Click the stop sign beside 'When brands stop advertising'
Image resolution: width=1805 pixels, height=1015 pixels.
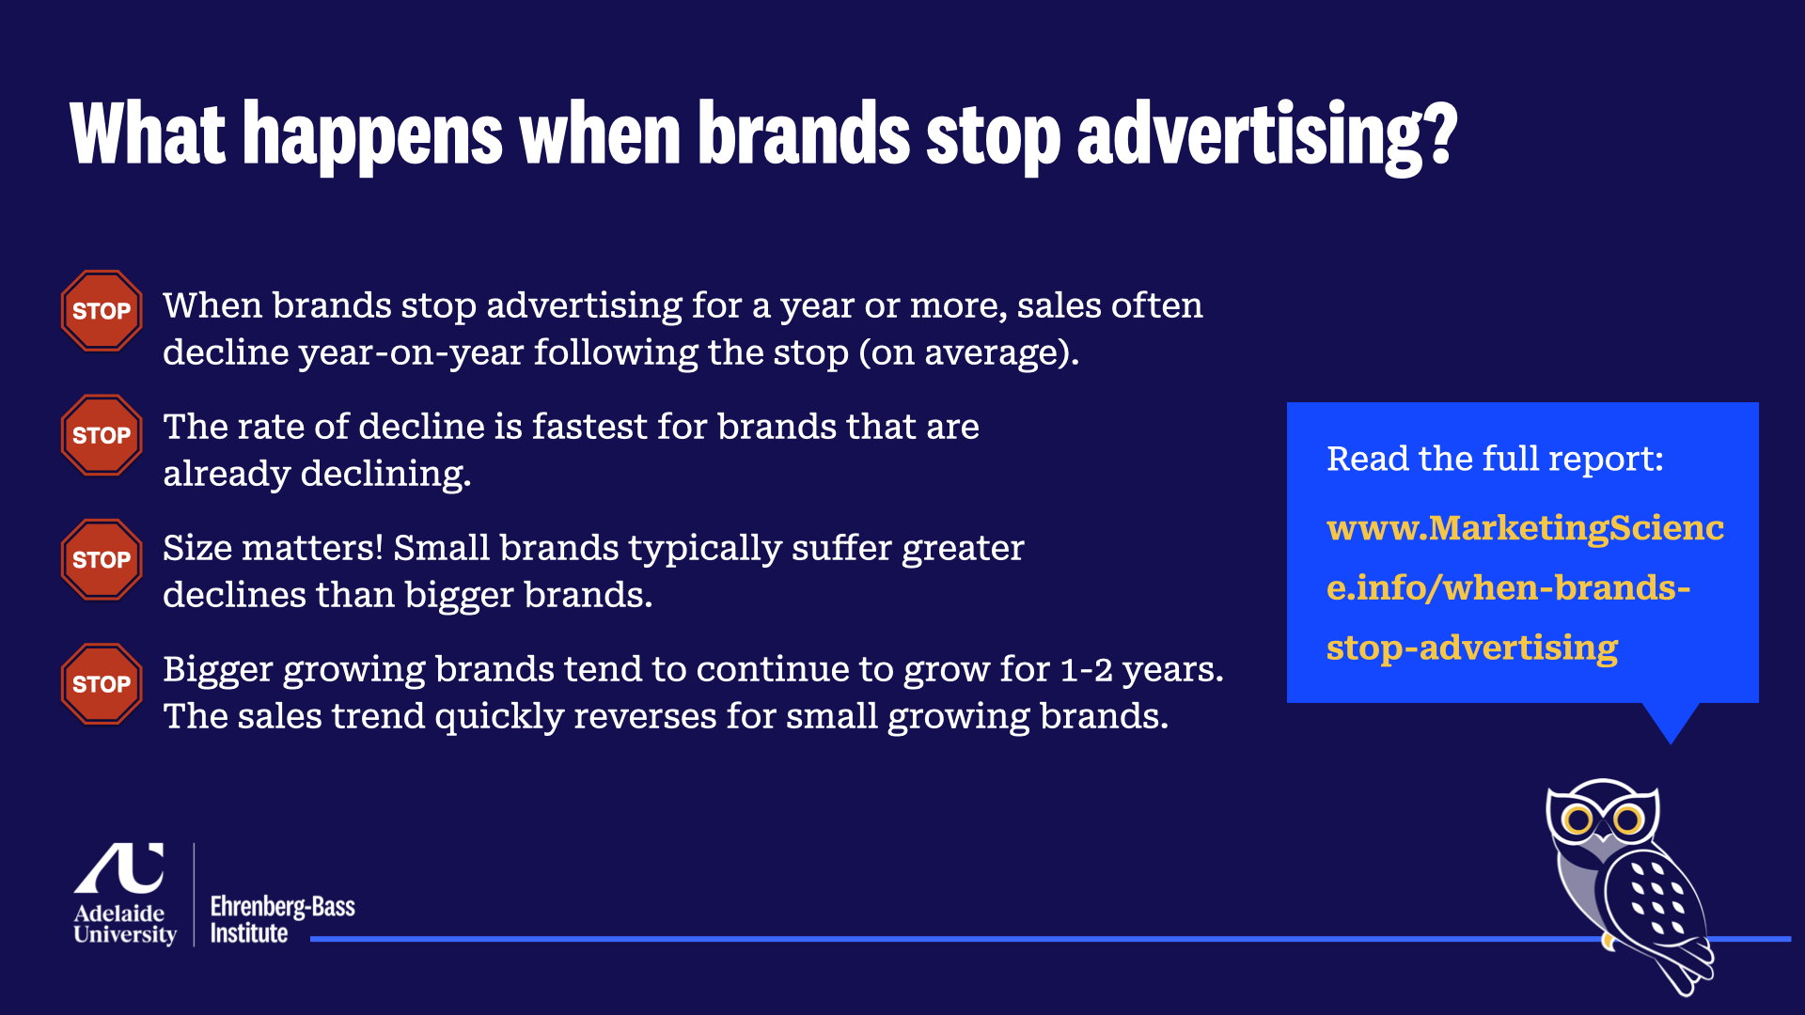tap(102, 311)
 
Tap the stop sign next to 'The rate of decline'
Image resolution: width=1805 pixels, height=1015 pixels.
tap(102, 435)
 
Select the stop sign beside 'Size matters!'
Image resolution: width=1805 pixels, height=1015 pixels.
tap(102, 559)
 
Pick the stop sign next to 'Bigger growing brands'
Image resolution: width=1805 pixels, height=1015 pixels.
tap(102, 684)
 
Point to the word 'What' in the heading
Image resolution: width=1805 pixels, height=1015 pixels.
tap(148, 133)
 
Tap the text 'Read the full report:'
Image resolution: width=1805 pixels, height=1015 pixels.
tap(1495, 459)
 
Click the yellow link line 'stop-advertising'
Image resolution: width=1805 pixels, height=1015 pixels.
tap(1472, 648)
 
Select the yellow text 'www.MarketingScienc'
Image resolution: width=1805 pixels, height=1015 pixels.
tap(1525, 528)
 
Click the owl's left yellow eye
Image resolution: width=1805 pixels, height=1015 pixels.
tap(1577, 820)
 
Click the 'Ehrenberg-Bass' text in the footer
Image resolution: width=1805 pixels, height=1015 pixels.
tap(282, 907)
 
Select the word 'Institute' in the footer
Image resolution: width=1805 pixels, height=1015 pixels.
tap(249, 933)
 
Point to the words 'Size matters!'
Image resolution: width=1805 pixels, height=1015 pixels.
tap(273, 548)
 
